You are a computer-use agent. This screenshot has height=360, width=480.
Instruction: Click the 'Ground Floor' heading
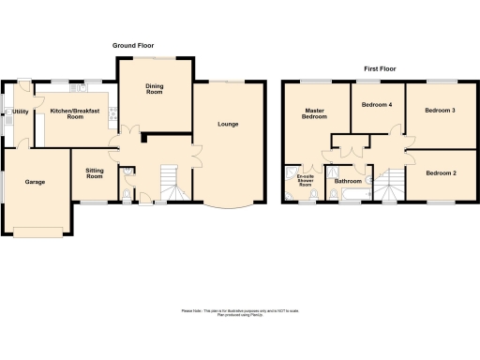point(134,45)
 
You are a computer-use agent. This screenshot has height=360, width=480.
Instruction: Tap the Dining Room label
point(154,90)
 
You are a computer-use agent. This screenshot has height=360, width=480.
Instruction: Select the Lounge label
point(227,124)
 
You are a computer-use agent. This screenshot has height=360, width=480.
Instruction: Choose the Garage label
point(35,182)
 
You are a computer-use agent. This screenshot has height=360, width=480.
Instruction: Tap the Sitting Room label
point(94,173)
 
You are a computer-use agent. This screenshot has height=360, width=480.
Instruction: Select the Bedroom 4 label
point(376,105)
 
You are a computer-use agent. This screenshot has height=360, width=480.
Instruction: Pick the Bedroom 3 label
point(440,111)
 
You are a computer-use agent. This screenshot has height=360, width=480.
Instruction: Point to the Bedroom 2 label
point(440,173)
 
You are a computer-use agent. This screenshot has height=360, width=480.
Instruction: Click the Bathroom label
point(348,180)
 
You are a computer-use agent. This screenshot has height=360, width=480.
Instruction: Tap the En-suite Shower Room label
point(305,181)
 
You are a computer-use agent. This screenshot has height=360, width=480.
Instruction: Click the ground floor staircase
point(168,182)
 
